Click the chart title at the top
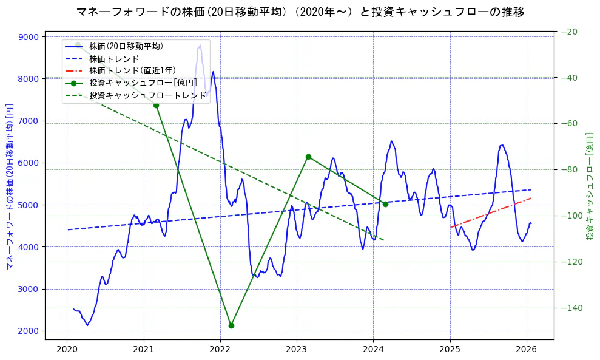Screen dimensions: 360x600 pos(300,12)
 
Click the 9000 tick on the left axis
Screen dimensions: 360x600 pos(29,37)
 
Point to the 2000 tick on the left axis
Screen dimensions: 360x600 pos(29,331)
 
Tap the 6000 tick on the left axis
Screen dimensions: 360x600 pos(29,163)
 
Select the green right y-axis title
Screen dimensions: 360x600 pos(590,185)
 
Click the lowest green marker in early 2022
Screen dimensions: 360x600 pos(231,325)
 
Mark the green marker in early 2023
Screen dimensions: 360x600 pos(308,157)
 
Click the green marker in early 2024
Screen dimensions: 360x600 pos(385,204)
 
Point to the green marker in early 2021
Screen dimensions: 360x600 pos(156,105)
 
